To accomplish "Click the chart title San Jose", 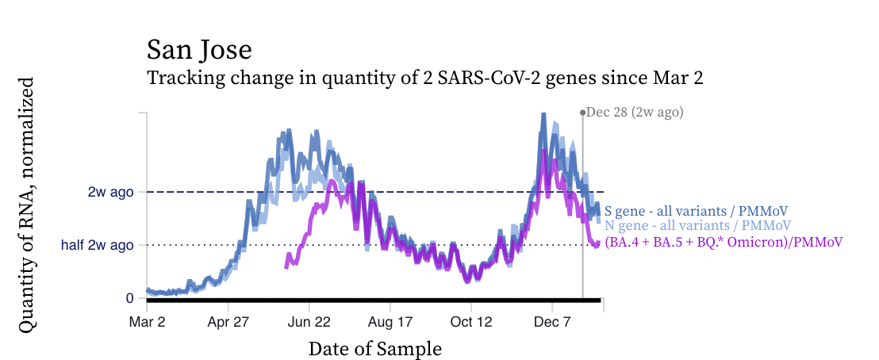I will click(x=199, y=50).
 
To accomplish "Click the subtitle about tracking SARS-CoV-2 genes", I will click(x=425, y=79).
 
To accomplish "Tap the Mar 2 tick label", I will click(x=147, y=323).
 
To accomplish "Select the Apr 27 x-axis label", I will click(x=228, y=323).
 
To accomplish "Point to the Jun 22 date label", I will click(x=309, y=323).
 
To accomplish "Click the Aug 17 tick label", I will click(x=390, y=323).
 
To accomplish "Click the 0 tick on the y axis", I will click(x=129, y=298).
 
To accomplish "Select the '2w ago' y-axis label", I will click(x=110, y=192).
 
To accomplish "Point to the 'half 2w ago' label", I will click(x=97, y=245).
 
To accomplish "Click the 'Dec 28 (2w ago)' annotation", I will click(x=635, y=113).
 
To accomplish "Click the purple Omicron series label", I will click(x=723, y=242).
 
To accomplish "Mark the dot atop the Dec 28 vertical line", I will click(x=582, y=113).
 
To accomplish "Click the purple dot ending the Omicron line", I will click(x=597, y=243).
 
